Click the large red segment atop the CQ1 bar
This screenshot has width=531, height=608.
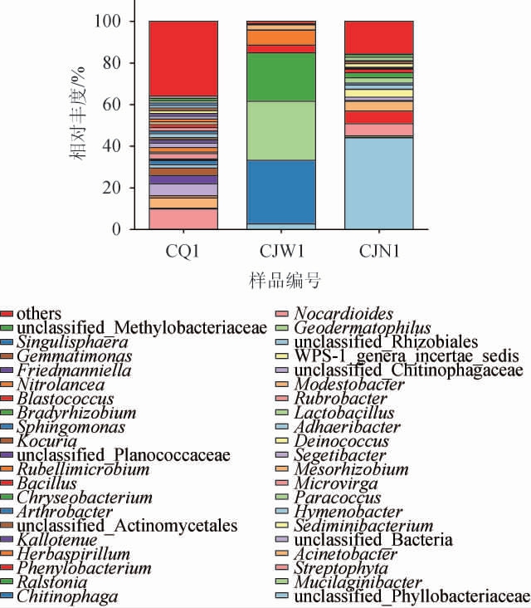click(x=183, y=58)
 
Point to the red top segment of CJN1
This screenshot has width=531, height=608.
click(x=378, y=37)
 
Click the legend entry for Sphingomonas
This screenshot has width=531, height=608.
click(x=71, y=427)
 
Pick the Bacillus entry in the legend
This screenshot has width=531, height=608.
click(x=46, y=483)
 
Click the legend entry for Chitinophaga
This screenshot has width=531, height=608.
click(x=66, y=596)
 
